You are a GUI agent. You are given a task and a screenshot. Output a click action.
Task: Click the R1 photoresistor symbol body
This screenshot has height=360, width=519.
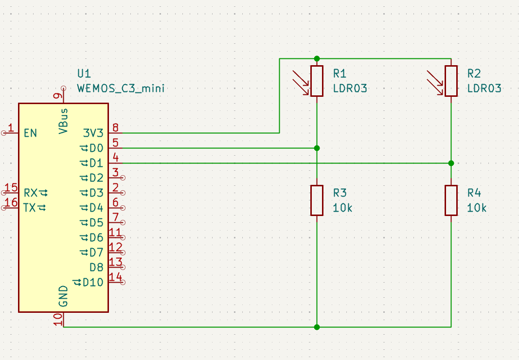coord(317,81)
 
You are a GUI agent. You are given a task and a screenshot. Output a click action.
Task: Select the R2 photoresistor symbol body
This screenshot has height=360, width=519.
coord(451,81)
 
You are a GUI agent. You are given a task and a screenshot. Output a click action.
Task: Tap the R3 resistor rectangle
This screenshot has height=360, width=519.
coord(317,200)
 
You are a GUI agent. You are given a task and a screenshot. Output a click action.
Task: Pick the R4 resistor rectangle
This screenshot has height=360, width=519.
coord(451,200)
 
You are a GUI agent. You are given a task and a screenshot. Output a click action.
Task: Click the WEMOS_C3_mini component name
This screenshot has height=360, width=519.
coord(121,89)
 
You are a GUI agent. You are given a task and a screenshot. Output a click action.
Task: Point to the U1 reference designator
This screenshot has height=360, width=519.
coord(84,73)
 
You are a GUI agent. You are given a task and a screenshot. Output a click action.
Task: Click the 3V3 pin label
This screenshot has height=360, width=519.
coord(93,133)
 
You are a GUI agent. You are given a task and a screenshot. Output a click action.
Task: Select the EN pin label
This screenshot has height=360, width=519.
coord(30,133)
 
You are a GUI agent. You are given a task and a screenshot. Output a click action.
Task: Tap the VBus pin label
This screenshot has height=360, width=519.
coord(64,121)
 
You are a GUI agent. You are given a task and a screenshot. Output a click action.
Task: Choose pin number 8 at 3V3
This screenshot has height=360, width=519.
coord(115,128)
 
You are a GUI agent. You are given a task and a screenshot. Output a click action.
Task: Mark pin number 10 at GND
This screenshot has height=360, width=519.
coord(58,320)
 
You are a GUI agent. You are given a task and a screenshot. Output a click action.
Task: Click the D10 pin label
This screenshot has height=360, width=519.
coord(93,282)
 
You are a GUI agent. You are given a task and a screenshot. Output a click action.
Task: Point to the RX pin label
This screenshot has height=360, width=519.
coord(31,193)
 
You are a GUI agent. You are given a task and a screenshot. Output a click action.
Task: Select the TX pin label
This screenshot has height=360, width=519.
coord(30,208)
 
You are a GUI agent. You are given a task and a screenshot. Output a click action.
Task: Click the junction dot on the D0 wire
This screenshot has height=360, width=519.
coord(317,148)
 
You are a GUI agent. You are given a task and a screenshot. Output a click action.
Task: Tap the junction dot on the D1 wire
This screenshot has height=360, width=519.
coord(451,163)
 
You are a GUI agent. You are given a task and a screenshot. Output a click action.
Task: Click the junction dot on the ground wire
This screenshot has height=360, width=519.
coord(317,327)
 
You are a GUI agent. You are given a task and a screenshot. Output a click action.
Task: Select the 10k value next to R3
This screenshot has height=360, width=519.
coord(342,208)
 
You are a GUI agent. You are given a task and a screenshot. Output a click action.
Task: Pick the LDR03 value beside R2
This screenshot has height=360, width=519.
coord(484,89)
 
